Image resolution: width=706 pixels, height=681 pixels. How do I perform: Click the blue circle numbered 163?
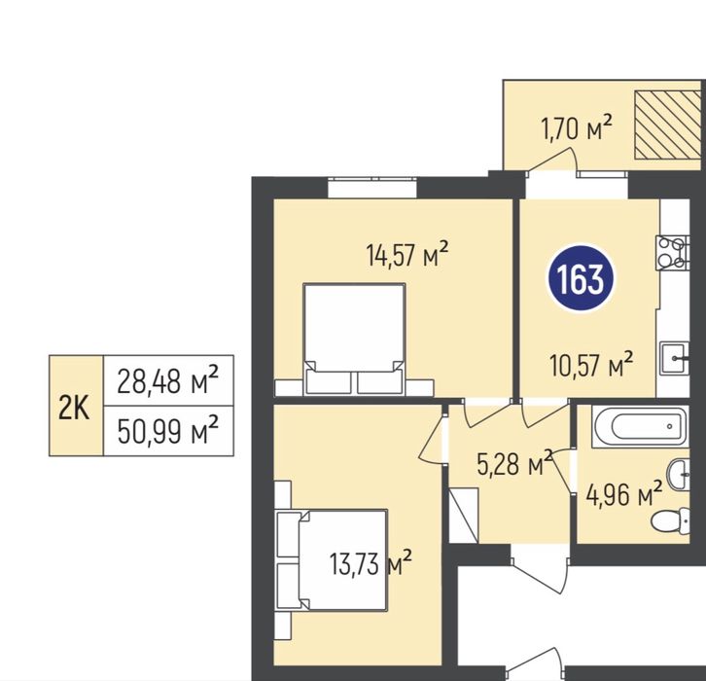580,278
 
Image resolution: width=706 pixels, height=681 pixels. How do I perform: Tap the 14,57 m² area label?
407,255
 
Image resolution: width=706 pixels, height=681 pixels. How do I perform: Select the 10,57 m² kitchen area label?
591,365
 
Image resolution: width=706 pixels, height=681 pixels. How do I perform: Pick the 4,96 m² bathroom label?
624,493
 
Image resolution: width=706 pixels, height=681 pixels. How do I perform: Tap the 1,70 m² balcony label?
577,127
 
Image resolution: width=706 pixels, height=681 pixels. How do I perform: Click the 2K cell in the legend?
74,407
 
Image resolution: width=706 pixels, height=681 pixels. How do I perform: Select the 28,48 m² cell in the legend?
168,381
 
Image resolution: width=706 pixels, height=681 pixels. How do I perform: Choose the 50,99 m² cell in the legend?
168,431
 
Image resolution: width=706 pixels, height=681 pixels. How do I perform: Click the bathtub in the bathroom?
640,426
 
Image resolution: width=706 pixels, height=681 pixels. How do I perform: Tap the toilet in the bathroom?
670,521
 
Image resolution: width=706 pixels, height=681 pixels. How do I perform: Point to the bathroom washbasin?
679,475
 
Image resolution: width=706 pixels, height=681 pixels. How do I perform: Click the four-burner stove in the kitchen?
673,253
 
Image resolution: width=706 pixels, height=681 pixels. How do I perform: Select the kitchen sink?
675,359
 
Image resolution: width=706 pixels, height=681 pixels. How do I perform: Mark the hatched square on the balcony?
667,125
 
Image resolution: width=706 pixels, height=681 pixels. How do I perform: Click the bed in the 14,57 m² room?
354,340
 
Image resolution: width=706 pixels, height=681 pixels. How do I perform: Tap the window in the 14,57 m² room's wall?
372,188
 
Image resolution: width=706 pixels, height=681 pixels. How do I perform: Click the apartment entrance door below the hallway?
541,570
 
